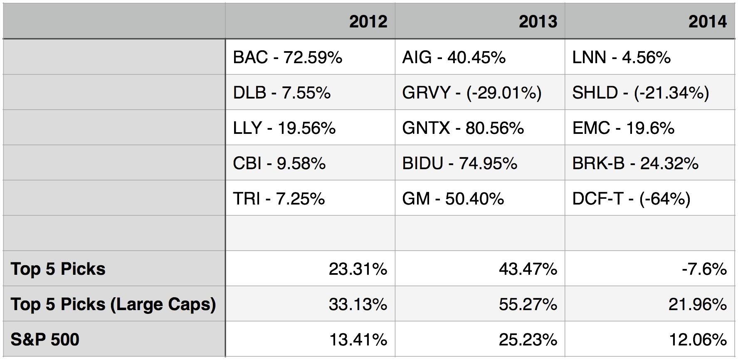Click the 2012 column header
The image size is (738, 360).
tap(368, 22)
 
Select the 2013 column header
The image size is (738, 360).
tap(538, 22)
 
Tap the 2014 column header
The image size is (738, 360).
tap(707, 22)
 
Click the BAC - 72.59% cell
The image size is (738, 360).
tap(287, 57)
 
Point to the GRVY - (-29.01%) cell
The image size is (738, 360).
tap(471, 93)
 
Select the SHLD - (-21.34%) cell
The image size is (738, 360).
tap(640, 93)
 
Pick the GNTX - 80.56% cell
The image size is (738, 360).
tap(463, 128)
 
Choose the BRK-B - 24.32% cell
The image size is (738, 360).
tap(635, 163)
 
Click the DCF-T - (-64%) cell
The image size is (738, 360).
tap(631, 199)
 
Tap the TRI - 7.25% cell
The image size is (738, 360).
tap(279, 199)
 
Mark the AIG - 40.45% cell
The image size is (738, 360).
tap(454, 57)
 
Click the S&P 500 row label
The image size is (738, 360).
tap(45, 340)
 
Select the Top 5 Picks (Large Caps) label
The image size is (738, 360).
tap(113, 304)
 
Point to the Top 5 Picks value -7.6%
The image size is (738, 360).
tap(704, 269)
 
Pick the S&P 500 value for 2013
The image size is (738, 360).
tap(528, 340)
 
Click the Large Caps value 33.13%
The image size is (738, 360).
tap(358, 304)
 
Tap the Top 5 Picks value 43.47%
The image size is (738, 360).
tap(528, 269)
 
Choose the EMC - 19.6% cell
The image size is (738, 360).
tap(623, 128)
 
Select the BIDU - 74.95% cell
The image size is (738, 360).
tap(459, 163)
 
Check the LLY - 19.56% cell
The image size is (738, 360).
tap(284, 128)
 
